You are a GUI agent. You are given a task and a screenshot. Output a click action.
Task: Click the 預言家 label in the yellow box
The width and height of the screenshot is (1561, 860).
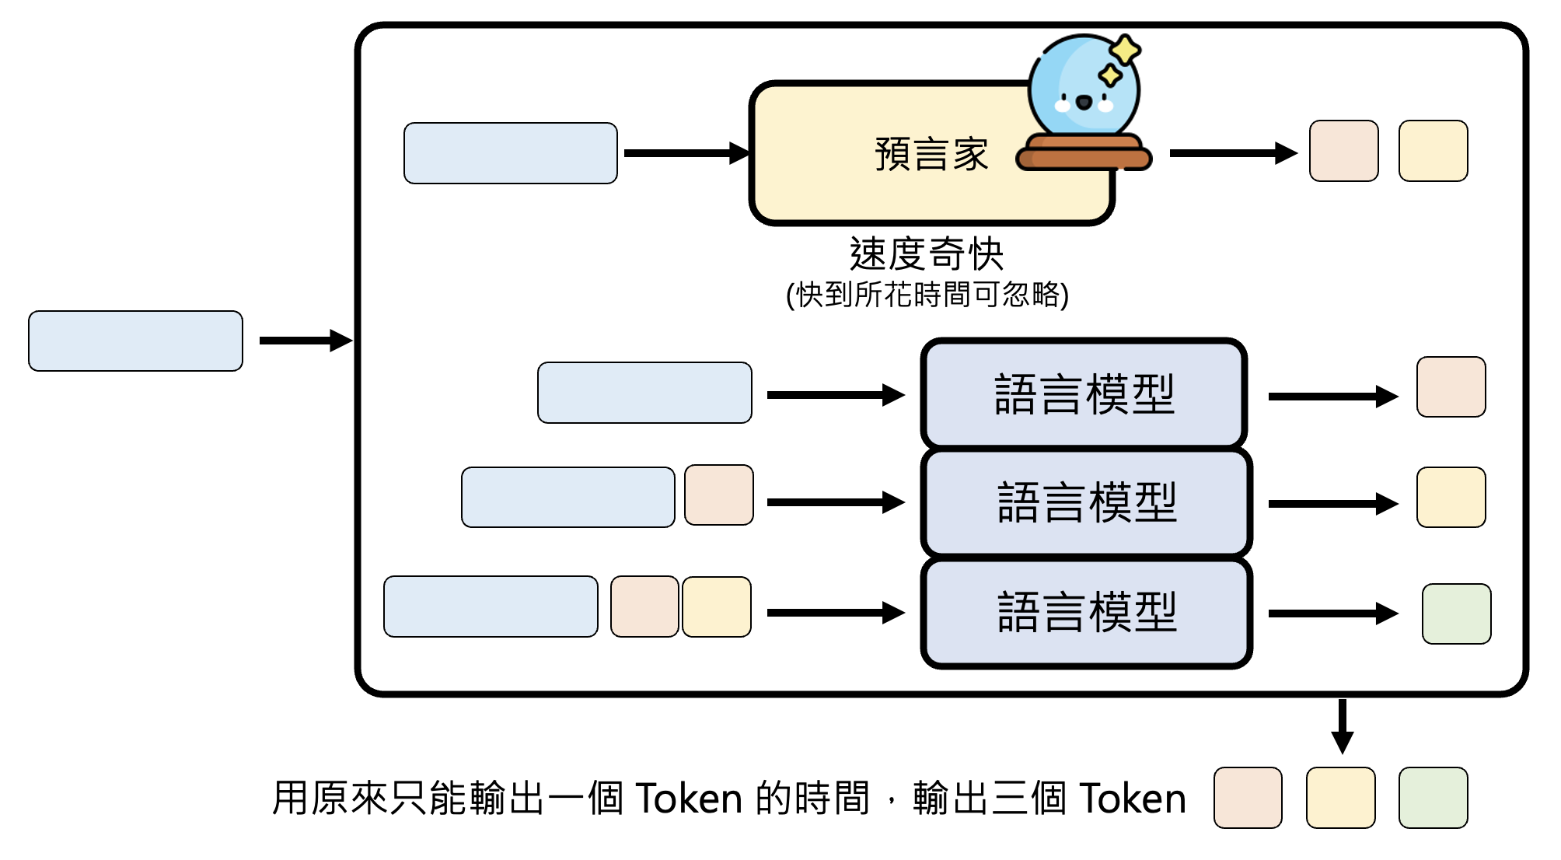click(x=931, y=154)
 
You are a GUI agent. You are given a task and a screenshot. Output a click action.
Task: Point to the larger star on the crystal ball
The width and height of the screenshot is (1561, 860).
click(x=1124, y=51)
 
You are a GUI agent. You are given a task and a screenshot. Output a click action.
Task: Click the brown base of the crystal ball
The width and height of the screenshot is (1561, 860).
click(x=1084, y=153)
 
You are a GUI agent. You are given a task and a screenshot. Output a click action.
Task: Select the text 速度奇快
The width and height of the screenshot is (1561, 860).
click(x=927, y=253)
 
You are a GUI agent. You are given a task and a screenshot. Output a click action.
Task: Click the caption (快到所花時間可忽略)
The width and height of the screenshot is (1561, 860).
click(x=927, y=295)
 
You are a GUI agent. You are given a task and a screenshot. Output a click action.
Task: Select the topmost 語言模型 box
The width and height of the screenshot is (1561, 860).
click(x=1084, y=393)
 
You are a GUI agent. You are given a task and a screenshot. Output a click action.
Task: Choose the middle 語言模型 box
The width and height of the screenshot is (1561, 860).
click(x=1086, y=502)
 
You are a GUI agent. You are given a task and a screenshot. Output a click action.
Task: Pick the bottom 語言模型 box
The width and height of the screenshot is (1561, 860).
click(x=1086, y=612)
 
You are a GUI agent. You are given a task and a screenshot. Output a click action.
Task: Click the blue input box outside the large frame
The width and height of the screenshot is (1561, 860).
click(x=135, y=341)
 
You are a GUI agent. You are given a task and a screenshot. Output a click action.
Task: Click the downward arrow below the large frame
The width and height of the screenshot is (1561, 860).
click(x=1342, y=726)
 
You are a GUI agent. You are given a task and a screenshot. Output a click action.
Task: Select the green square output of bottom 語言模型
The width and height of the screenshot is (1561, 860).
click(x=1456, y=614)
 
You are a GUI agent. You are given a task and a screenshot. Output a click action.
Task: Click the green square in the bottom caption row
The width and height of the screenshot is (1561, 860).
click(x=1433, y=798)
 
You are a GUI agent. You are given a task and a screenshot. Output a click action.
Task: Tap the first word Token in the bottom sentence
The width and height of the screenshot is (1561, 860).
click(x=689, y=799)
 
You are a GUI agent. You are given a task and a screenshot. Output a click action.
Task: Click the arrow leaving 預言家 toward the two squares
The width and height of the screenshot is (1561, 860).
click(x=1232, y=153)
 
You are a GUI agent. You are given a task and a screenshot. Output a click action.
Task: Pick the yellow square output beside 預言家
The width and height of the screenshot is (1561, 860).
click(x=1433, y=151)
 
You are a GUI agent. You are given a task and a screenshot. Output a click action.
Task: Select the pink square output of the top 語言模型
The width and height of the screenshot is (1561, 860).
click(x=1451, y=387)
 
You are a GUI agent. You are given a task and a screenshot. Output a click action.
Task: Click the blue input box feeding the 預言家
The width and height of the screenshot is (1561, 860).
click(x=510, y=153)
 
